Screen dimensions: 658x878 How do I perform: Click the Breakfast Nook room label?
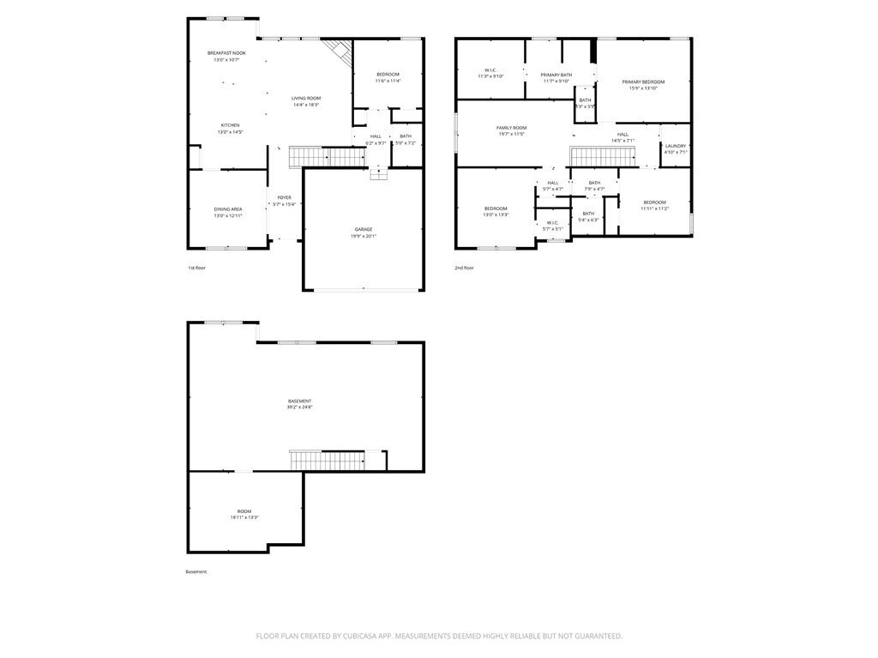tap(226, 53)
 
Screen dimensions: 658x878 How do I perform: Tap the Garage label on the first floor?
tap(364, 229)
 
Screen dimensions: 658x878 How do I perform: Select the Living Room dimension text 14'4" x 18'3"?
tap(306, 106)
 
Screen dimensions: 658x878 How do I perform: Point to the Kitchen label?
tap(230, 125)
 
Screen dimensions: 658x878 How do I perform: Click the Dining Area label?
tap(228, 208)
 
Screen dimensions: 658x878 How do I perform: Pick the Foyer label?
tap(284, 198)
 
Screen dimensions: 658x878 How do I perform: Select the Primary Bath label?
tap(556, 75)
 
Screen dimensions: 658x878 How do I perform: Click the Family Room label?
tap(511, 128)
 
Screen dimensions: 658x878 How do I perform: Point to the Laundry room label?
tap(676, 146)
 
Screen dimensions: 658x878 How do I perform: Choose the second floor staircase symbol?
tap(601, 157)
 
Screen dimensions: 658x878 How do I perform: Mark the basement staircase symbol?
tap(326, 460)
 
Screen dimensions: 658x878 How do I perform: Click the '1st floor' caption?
tap(196, 268)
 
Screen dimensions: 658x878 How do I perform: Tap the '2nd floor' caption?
tap(464, 268)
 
